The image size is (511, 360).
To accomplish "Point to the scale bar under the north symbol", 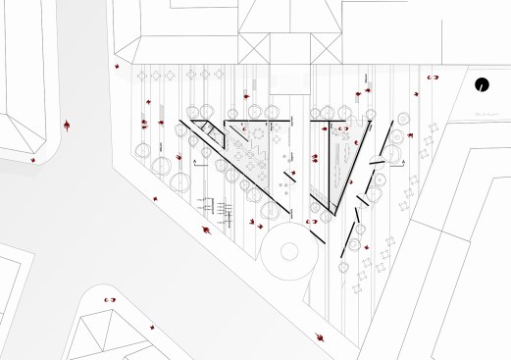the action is point(484,116).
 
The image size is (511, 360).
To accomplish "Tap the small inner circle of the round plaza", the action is point(289,249).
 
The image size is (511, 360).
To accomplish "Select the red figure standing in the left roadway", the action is point(67,126).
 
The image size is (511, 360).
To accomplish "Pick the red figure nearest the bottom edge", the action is point(321,336).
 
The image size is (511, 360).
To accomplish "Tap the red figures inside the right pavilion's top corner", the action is point(344,129).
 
